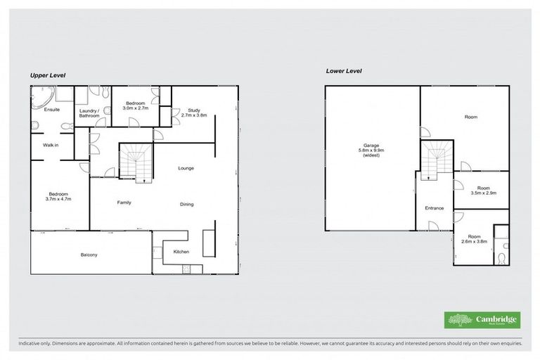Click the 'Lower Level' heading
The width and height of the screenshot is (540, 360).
click(x=343, y=71)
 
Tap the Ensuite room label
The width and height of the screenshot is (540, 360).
click(x=52, y=110)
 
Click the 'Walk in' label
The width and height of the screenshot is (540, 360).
click(x=51, y=146)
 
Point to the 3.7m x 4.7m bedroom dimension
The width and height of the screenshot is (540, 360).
click(x=58, y=199)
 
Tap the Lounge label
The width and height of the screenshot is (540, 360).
click(x=186, y=168)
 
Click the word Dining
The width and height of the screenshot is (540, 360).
click(x=186, y=204)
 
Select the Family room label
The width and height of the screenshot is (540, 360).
click(x=124, y=202)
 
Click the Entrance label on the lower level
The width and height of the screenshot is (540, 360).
click(x=434, y=208)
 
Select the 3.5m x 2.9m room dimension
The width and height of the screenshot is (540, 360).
click(x=482, y=192)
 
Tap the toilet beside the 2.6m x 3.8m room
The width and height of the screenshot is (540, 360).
click(x=501, y=259)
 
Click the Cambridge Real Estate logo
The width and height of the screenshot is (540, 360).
click(x=482, y=320)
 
